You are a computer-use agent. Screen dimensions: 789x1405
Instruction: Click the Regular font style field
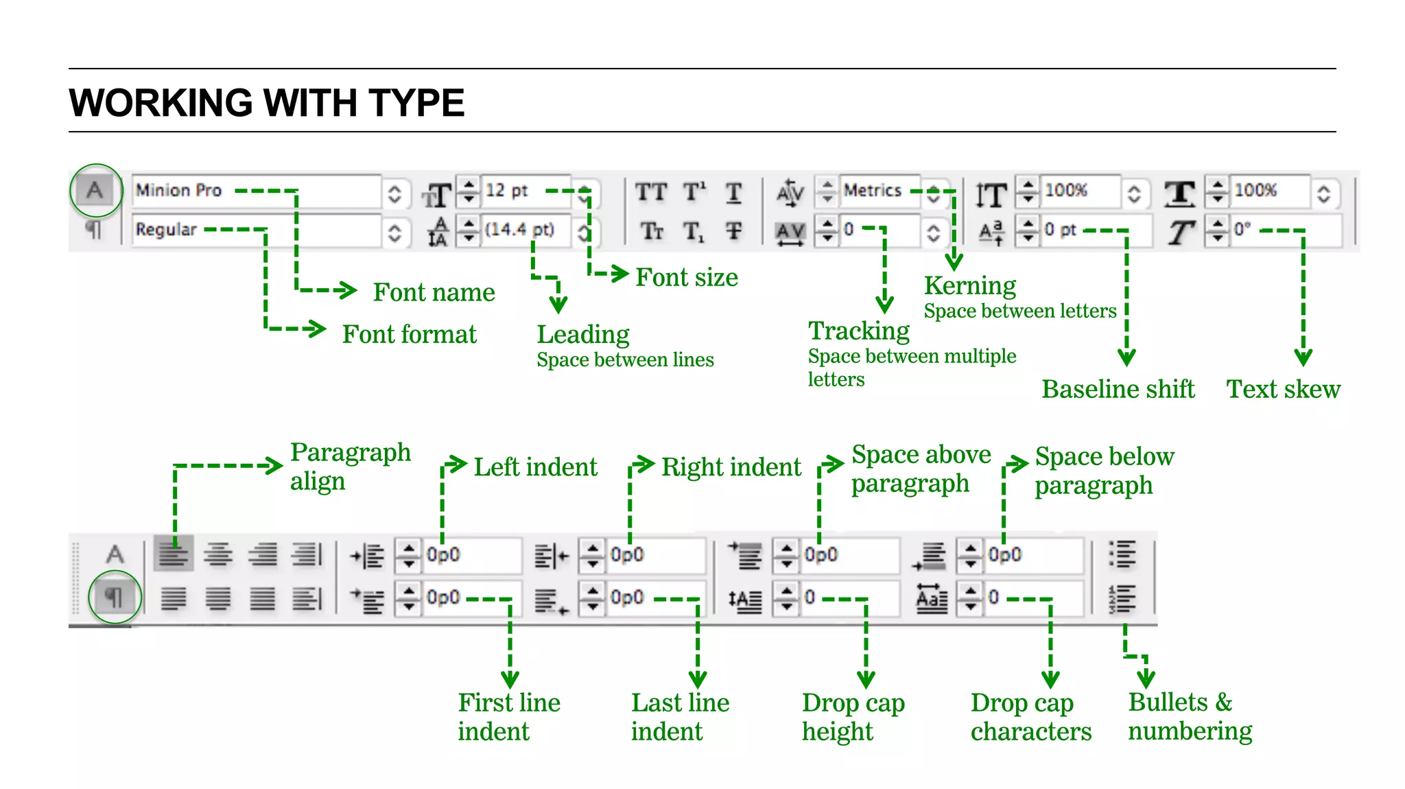167,230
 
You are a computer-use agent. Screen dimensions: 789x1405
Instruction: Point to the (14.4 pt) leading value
519,230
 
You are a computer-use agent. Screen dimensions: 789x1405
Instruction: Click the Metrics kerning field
872,191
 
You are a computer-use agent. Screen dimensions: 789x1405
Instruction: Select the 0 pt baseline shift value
1060,230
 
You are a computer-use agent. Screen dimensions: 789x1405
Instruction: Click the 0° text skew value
1242,230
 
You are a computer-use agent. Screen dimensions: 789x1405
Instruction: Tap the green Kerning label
969,285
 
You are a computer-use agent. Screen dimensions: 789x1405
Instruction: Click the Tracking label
858,331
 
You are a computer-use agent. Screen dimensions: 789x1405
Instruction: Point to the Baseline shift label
1118,389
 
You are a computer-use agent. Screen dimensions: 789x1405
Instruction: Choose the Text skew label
1283,389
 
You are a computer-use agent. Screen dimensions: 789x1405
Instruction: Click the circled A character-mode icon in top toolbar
95,190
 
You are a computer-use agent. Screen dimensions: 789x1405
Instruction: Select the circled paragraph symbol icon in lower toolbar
115,597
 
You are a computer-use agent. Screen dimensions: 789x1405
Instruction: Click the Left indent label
535,467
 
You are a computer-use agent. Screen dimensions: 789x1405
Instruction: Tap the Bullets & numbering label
1190,716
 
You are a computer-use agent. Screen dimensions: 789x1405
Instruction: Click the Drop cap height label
853,717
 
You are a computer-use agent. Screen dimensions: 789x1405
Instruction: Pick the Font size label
686,277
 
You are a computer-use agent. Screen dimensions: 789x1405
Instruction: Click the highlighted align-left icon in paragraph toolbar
174,554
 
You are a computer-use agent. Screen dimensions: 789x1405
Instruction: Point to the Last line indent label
680,717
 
